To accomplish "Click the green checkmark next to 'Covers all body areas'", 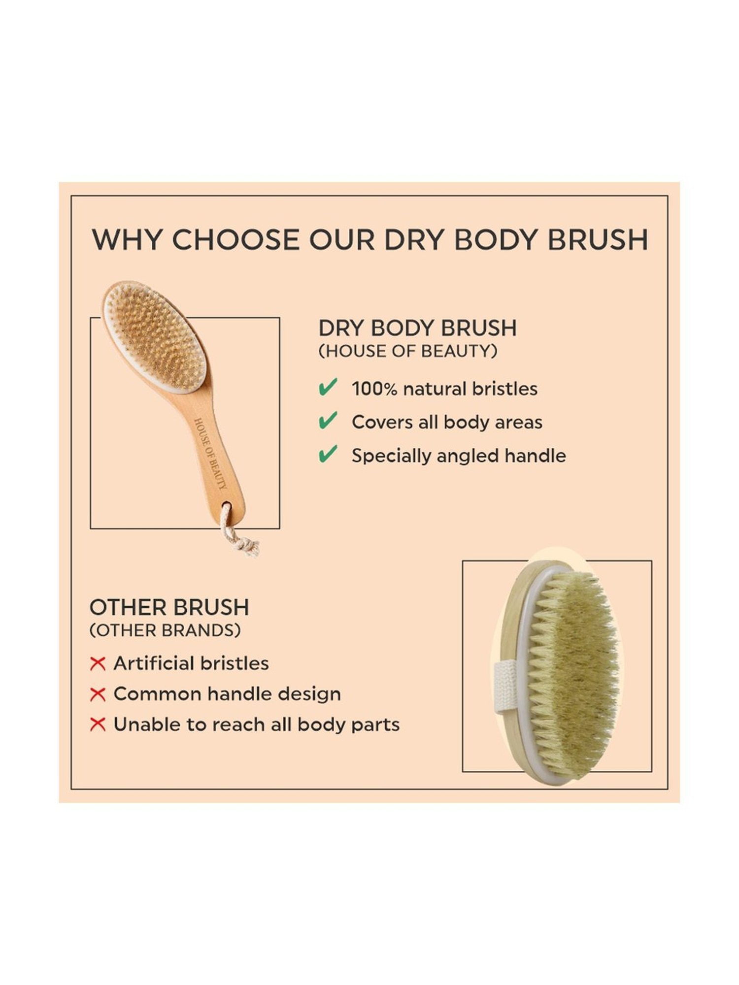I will coord(328,421).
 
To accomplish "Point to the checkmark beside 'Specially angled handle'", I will coord(328,454).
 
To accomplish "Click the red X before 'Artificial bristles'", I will coord(98,664).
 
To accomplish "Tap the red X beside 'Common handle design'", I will coord(98,694).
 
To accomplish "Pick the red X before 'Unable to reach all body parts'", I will coord(98,725).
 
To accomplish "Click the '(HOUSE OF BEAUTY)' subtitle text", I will coord(407,351).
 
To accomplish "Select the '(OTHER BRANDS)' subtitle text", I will coord(165,630).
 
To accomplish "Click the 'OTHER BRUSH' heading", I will coord(169,607).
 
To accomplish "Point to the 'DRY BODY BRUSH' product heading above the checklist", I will coord(417,328).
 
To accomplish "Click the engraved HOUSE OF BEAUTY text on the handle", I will coord(211,453).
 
